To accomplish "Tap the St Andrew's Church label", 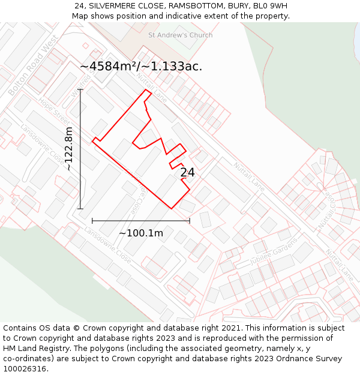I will (180, 35).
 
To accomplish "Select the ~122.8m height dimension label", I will (69, 149).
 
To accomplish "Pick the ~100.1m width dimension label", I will (141, 233).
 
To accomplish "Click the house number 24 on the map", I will (187, 173).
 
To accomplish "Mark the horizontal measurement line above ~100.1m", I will (141, 221).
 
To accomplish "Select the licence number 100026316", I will (26, 369).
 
